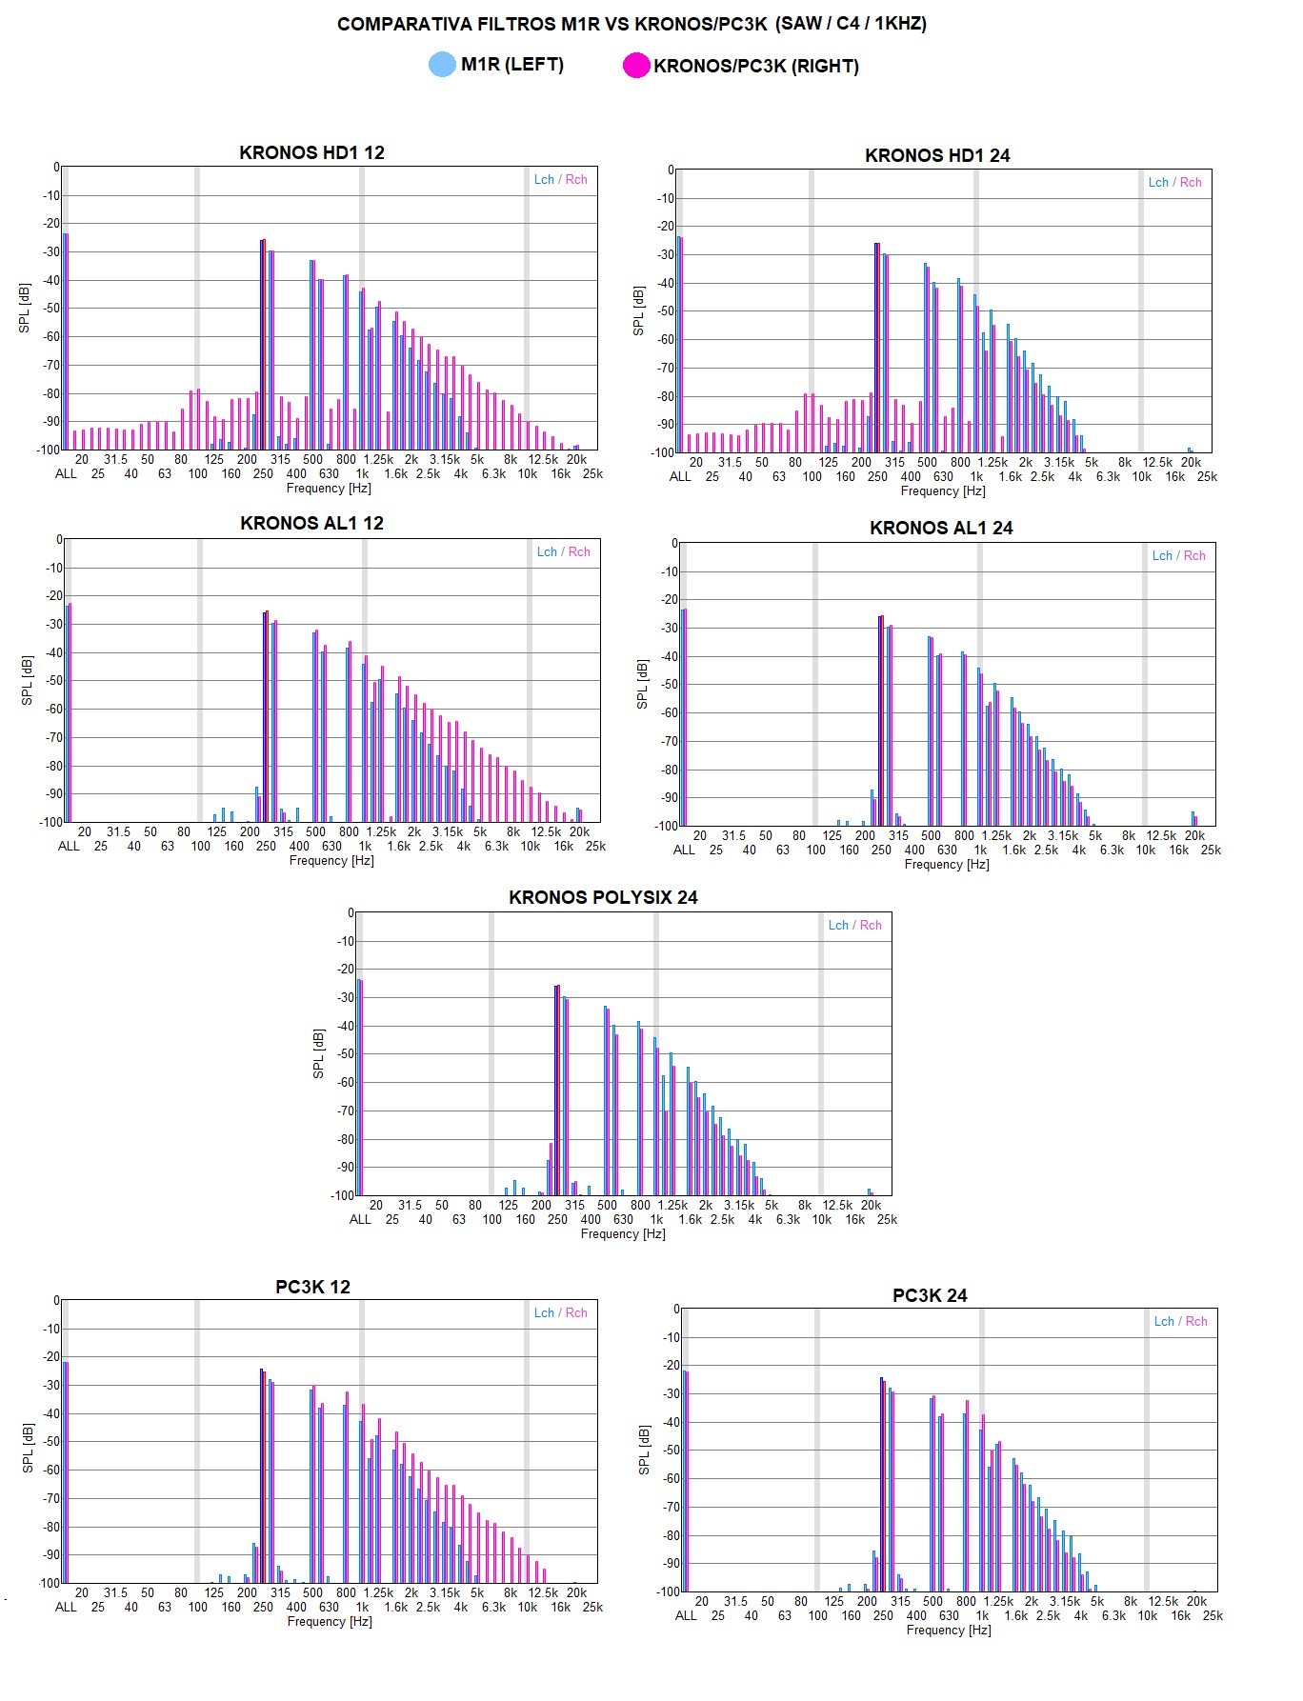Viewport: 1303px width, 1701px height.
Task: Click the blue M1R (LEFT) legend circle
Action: point(442,65)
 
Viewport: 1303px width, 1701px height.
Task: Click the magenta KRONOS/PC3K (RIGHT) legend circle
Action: point(635,66)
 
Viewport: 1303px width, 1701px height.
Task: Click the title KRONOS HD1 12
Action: point(311,152)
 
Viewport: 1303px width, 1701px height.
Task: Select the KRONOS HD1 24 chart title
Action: point(937,155)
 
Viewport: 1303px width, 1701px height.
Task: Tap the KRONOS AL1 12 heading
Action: point(311,523)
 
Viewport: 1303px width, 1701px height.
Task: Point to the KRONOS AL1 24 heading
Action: point(941,528)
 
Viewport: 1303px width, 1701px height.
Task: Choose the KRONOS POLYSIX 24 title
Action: point(603,897)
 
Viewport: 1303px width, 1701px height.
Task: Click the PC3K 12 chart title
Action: point(312,1287)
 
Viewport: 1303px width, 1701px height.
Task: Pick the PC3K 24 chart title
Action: point(930,1295)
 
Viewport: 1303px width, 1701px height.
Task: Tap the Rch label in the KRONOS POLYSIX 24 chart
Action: point(871,925)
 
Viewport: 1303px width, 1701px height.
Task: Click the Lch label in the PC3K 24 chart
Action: point(1164,1321)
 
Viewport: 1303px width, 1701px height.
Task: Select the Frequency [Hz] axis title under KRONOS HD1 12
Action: point(329,489)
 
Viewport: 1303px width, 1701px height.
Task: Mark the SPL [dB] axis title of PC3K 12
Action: point(28,1449)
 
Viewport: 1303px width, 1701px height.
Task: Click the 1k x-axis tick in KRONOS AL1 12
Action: point(365,846)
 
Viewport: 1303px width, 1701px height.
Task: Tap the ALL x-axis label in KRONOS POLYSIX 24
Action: point(360,1219)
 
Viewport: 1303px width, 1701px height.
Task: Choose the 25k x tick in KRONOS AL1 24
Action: point(1211,850)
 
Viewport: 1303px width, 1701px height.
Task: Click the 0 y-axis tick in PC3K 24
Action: point(676,1309)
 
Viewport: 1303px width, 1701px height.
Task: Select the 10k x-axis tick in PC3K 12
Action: point(527,1607)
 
